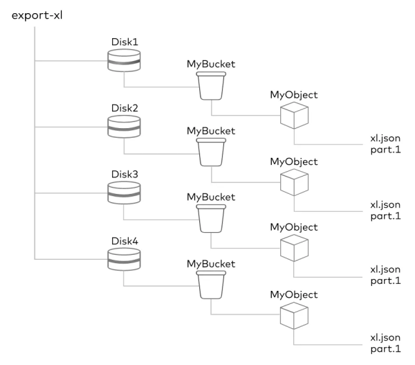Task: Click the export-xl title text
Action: [x=35, y=15]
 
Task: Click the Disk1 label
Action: [x=124, y=42]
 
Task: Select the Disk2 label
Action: [x=124, y=109]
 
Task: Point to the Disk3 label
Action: [x=124, y=175]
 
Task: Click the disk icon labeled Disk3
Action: [x=124, y=195]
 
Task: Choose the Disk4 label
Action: [x=124, y=241]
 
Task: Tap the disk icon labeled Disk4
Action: [x=124, y=261]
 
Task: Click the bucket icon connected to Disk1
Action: [x=211, y=87]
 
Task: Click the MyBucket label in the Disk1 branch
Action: [x=211, y=64]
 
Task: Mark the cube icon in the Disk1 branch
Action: [x=293, y=116]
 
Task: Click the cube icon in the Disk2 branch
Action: [x=293, y=182]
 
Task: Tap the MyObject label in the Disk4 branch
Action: [x=293, y=293]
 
